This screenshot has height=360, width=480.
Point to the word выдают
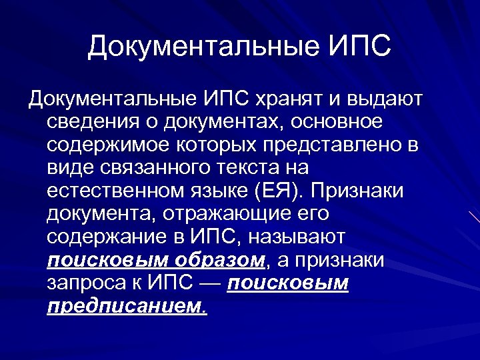click(389, 100)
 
